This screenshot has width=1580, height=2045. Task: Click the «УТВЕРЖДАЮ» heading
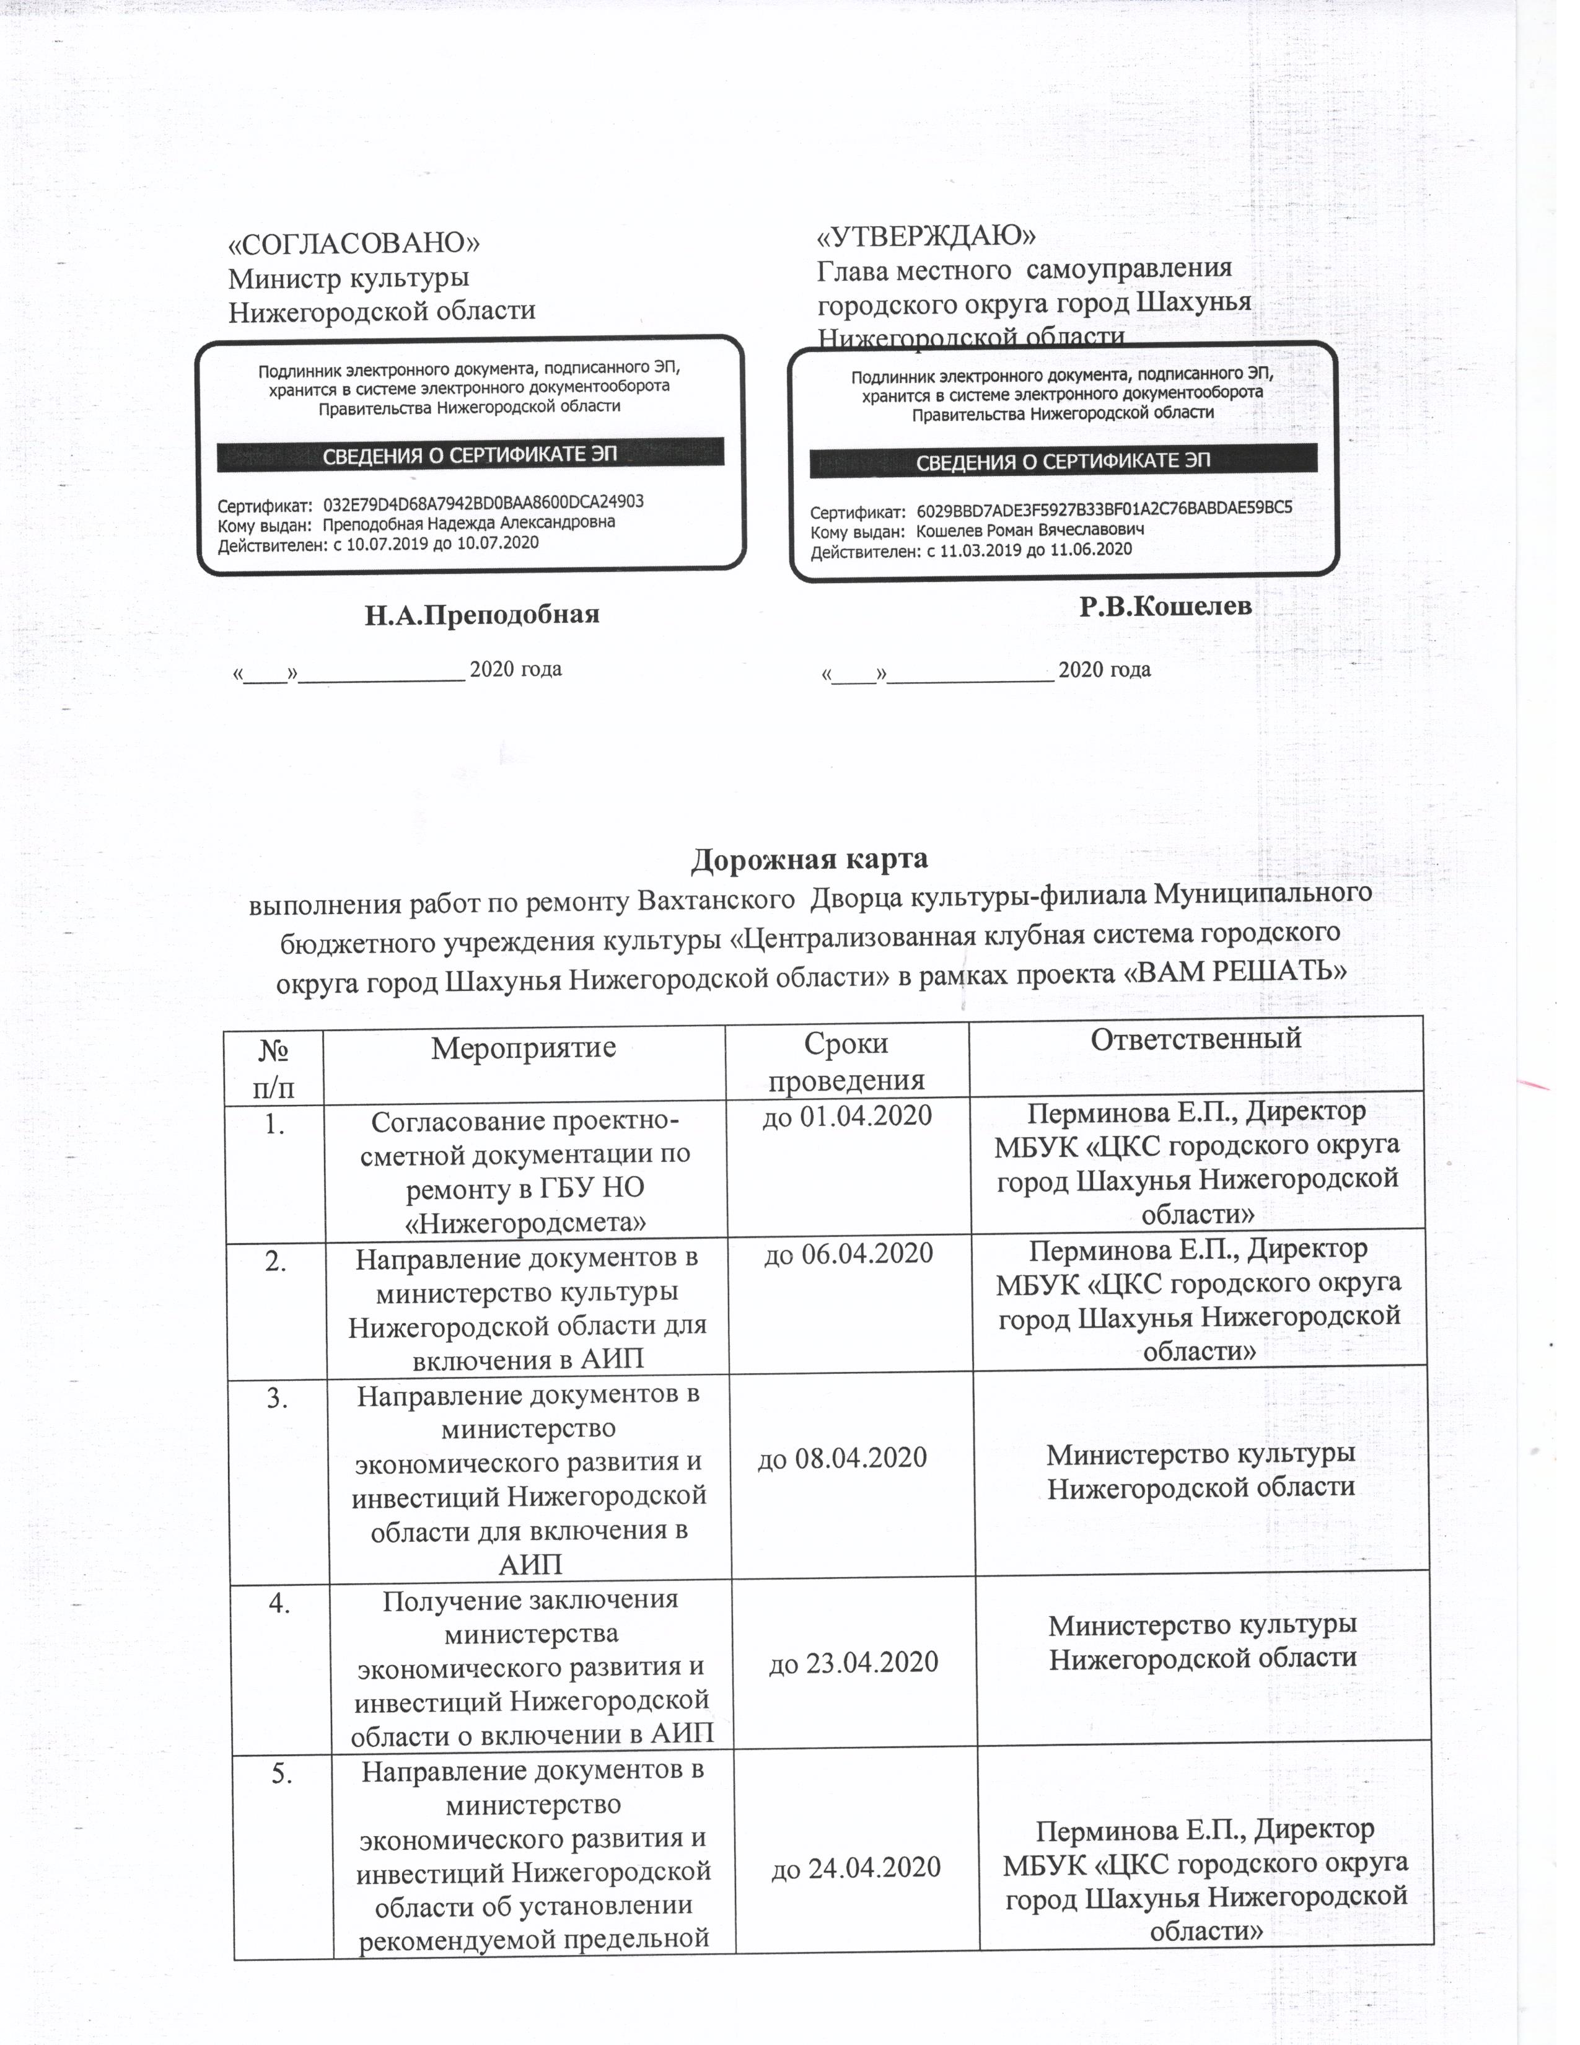point(927,234)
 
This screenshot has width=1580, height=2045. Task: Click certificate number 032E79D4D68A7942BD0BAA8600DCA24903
point(489,502)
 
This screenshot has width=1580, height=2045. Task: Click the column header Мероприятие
point(523,1047)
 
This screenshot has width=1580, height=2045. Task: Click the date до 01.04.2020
point(847,1116)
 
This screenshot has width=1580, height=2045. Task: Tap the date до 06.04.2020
point(849,1254)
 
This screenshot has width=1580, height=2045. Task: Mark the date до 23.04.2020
point(853,1662)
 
